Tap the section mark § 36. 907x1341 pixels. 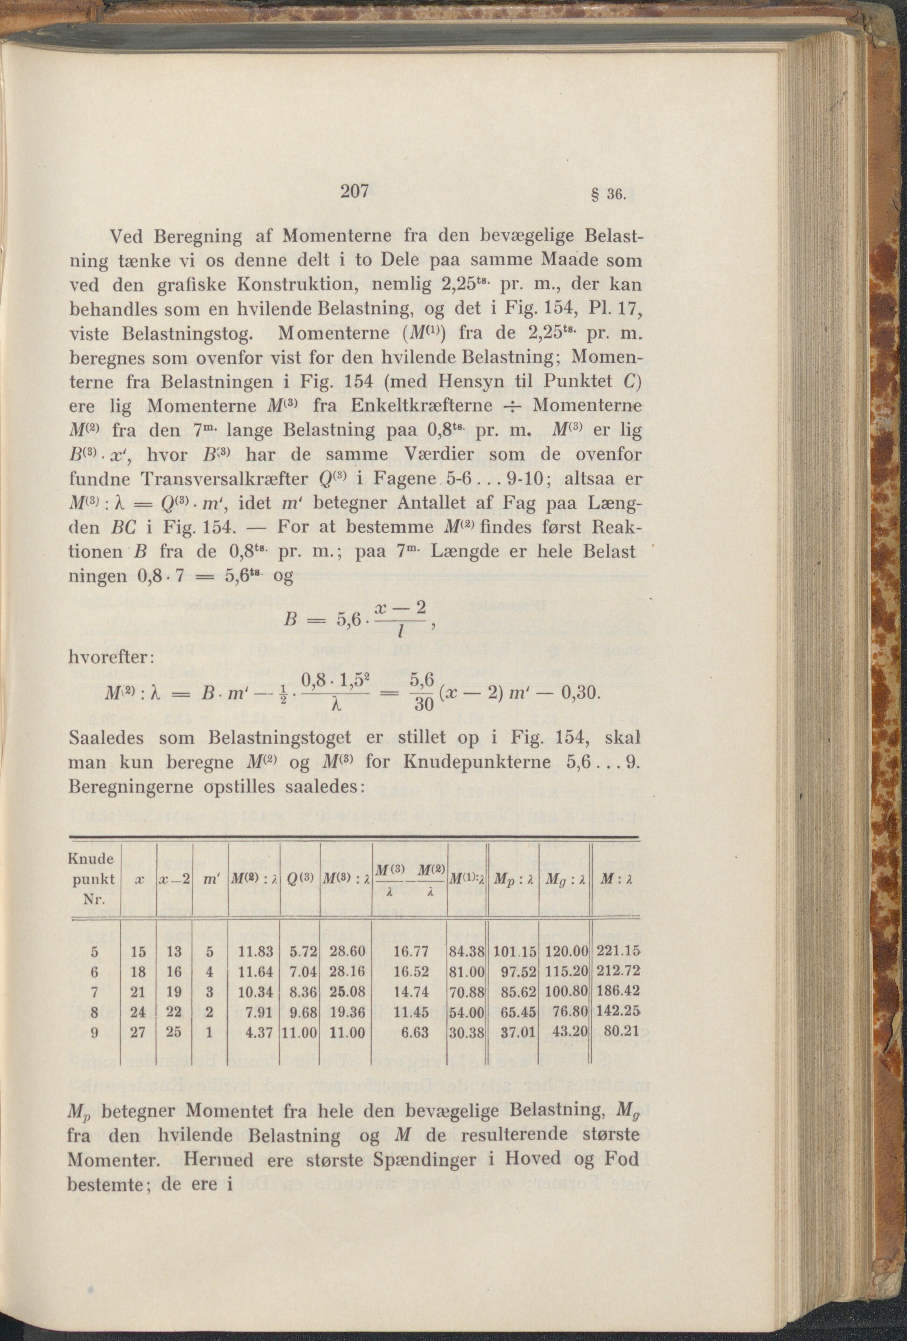(613, 195)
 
